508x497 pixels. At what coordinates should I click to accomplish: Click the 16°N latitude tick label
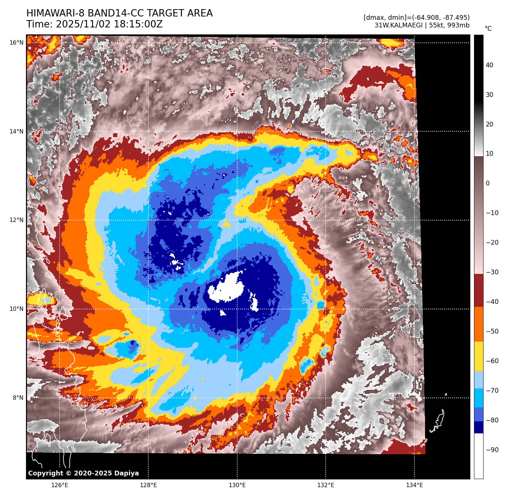(x=16, y=43)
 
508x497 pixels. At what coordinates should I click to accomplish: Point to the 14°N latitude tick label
(x=16, y=132)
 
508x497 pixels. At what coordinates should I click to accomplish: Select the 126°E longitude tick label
(x=60, y=485)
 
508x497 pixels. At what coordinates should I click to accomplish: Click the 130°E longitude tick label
(x=237, y=485)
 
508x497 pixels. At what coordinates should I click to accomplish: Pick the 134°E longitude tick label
(x=414, y=485)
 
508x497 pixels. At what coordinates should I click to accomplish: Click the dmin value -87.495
(x=455, y=18)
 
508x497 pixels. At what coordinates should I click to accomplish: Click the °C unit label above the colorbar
(x=488, y=29)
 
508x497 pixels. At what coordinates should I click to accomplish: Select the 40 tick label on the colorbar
(x=489, y=65)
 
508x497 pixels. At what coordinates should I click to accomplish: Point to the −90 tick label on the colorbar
(x=492, y=450)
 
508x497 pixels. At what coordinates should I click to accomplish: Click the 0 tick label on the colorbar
(x=488, y=183)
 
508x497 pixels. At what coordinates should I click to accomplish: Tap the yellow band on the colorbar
(x=478, y=357)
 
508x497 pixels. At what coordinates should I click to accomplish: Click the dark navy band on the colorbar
(x=478, y=427)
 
